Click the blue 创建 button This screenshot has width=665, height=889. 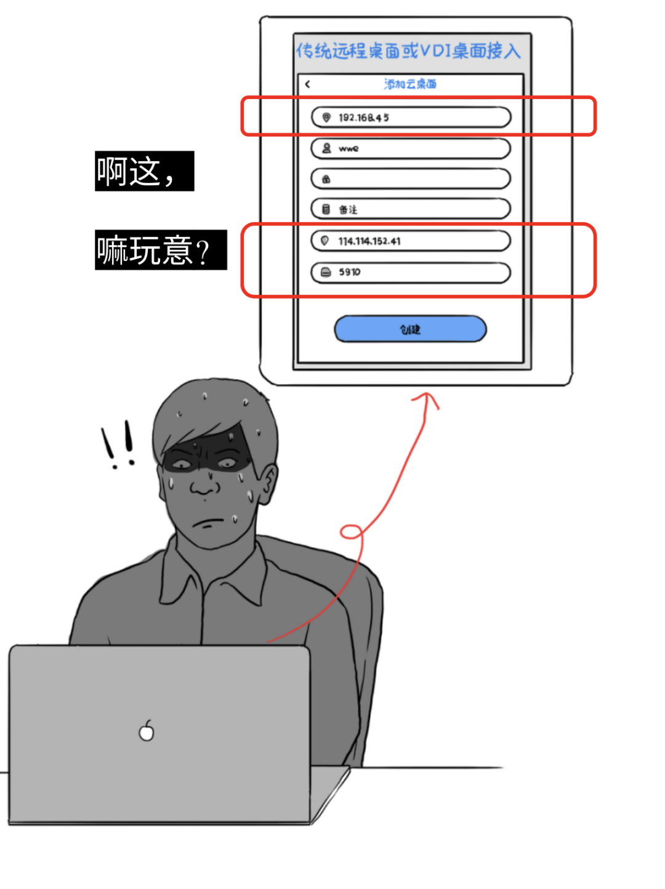point(410,329)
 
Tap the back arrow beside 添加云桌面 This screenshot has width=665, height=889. point(307,84)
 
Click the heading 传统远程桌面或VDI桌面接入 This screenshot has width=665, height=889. point(409,50)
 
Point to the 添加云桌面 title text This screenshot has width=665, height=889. point(410,84)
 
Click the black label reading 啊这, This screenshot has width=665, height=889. point(144,171)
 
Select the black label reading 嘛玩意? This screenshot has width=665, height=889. point(160,250)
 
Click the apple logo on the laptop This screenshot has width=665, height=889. point(147,731)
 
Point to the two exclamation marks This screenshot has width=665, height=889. point(118,444)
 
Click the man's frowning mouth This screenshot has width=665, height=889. point(208,525)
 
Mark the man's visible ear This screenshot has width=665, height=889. point(268,483)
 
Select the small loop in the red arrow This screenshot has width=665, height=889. point(352,531)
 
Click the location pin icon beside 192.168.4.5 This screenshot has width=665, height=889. point(326,117)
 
